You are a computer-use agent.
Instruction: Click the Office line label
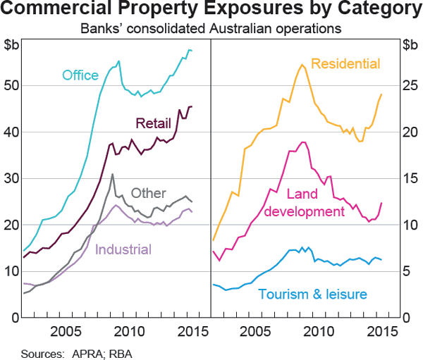click(x=80, y=75)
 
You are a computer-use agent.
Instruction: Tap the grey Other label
click(x=149, y=193)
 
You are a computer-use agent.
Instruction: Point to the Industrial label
click(x=123, y=249)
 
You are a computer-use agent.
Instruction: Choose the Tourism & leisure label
click(x=312, y=294)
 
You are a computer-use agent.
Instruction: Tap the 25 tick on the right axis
click(x=409, y=85)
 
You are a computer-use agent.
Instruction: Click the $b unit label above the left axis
click(x=12, y=46)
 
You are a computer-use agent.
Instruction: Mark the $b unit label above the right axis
click(x=410, y=46)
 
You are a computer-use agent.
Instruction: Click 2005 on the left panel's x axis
click(x=68, y=331)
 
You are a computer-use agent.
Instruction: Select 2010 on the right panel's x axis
click(x=317, y=331)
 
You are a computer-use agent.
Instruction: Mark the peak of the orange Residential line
click(x=302, y=65)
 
